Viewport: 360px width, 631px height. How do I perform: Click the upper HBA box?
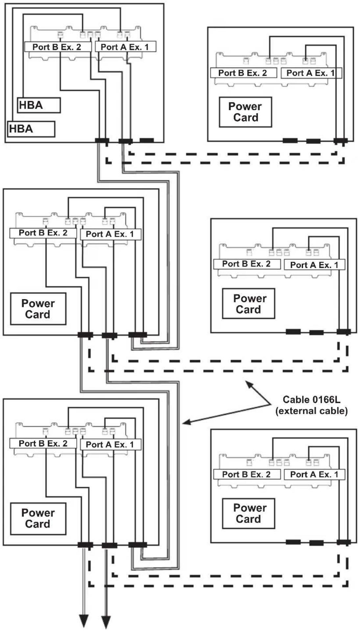pyautogui.click(x=39, y=105)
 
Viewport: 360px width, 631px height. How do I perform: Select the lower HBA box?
pyautogui.click(x=31, y=129)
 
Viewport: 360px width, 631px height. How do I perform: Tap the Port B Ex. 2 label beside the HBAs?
pyautogui.click(x=58, y=47)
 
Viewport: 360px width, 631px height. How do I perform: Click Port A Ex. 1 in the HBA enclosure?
pyautogui.click(x=125, y=47)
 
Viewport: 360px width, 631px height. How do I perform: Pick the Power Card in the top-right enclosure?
pyautogui.click(x=245, y=112)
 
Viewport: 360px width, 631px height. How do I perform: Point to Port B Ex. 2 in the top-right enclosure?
pyautogui.click(x=244, y=73)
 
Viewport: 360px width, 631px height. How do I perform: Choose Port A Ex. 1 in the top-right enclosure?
pyautogui.click(x=311, y=73)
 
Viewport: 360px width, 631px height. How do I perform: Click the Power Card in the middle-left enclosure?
pyautogui.click(x=38, y=309)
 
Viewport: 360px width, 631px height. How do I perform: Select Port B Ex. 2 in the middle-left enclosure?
pyautogui.click(x=43, y=233)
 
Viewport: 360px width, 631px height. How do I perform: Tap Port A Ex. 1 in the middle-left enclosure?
pyautogui.click(x=111, y=234)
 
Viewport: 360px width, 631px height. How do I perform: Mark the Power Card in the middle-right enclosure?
pyautogui.click(x=249, y=304)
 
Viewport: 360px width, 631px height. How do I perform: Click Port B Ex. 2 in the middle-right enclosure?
pyautogui.click(x=247, y=264)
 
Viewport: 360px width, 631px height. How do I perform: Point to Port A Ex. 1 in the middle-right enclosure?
pyautogui.click(x=315, y=265)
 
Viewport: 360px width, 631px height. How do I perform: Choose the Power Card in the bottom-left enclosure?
pyautogui.click(x=38, y=519)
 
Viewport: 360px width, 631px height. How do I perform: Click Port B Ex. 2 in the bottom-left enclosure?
pyautogui.click(x=43, y=443)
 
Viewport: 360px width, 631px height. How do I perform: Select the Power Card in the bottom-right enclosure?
pyautogui.click(x=249, y=513)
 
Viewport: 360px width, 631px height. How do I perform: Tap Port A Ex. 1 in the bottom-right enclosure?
pyautogui.click(x=315, y=474)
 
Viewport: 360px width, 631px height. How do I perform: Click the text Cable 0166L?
pyautogui.click(x=311, y=400)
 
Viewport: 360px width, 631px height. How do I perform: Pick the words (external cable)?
pyautogui.click(x=311, y=411)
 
